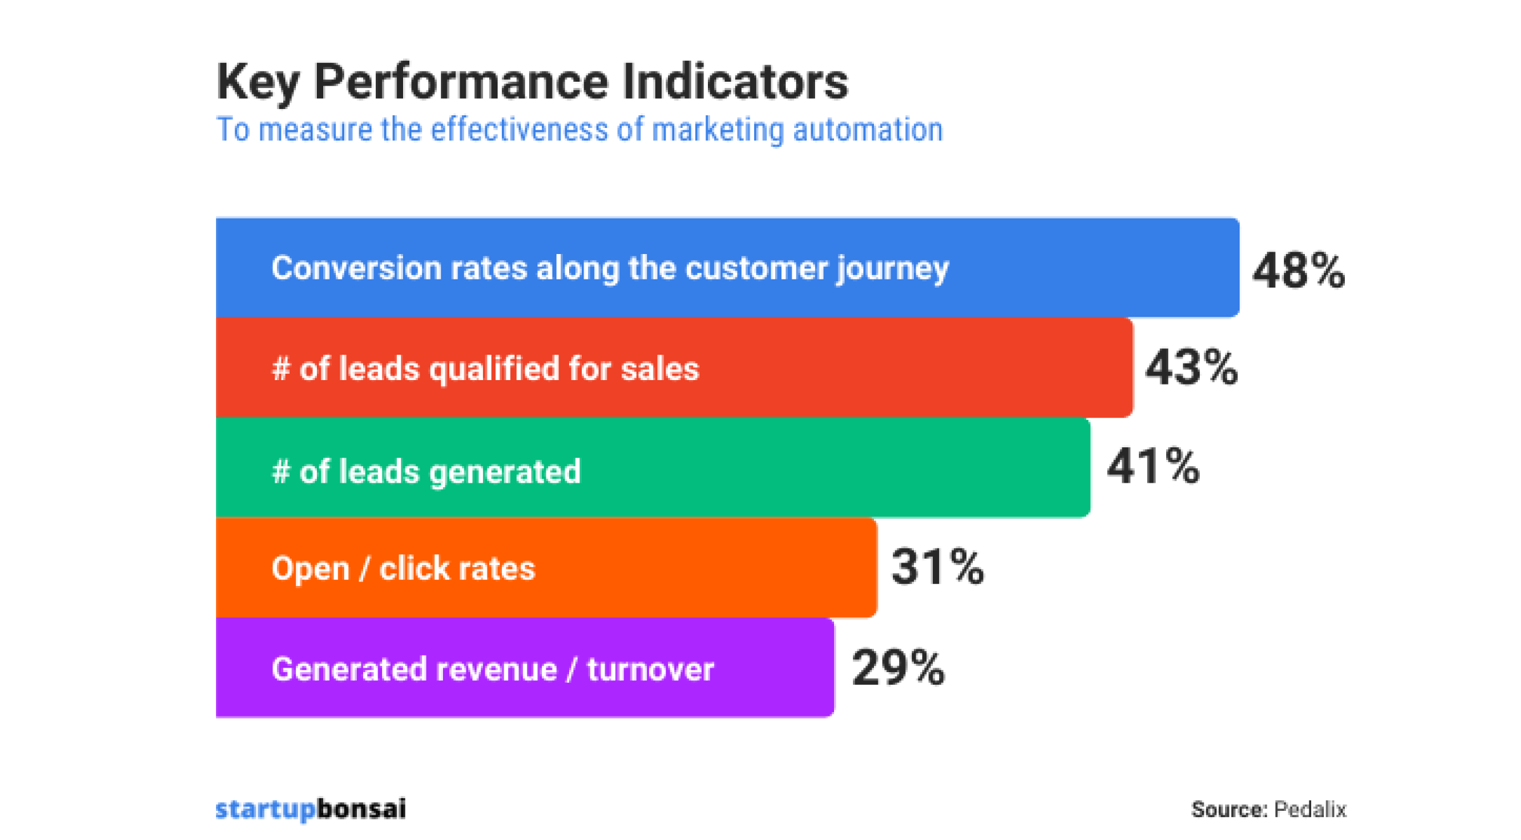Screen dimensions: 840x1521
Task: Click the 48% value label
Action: (x=1298, y=270)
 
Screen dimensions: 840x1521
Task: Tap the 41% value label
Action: (x=1153, y=466)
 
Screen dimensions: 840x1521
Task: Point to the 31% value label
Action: (x=937, y=566)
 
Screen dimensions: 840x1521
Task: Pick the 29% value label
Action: (x=898, y=668)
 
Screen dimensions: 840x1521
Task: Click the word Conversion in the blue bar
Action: (x=356, y=268)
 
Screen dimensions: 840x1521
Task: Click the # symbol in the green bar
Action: (x=281, y=472)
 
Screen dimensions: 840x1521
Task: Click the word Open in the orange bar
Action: (x=311, y=569)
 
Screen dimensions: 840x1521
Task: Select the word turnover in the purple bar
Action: (x=650, y=670)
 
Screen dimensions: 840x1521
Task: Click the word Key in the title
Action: (x=257, y=82)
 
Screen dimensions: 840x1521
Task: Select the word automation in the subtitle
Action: (x=868, y=130)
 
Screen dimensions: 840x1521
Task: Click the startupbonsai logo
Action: (x=311, y=809)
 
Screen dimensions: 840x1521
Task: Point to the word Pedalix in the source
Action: (x=1310, y=810)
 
